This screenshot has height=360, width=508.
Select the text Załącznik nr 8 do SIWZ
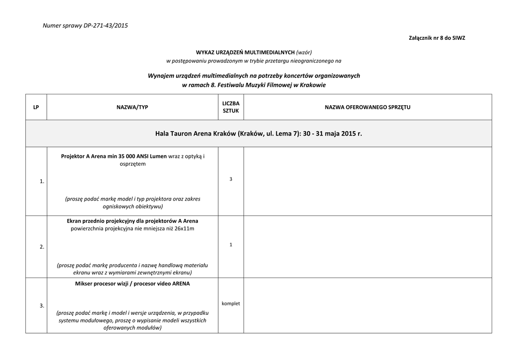[x=437, y=38]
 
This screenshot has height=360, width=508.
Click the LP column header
[x=36, y=107]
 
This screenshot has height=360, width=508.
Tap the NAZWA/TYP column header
[x=132, y=107]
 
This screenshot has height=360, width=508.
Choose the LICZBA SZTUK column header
[x=231, y=107]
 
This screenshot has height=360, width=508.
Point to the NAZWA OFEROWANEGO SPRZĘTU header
[x=368, y=107]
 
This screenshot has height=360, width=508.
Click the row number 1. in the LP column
[x=42, y=182]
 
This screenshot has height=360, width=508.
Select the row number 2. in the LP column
[x=42, y=247]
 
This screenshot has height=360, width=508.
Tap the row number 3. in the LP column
[x=42, y=305]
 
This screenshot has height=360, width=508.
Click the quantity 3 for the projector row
[x=231, y=179]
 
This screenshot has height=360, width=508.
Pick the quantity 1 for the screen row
[x=231, y=244]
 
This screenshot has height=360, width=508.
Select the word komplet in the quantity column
[x=231, y=303]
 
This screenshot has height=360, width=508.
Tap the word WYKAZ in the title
[x=205, y=52]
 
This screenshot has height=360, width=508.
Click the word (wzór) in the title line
[x=304, y=52]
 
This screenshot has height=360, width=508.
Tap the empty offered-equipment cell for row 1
[x=368, y=181]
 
